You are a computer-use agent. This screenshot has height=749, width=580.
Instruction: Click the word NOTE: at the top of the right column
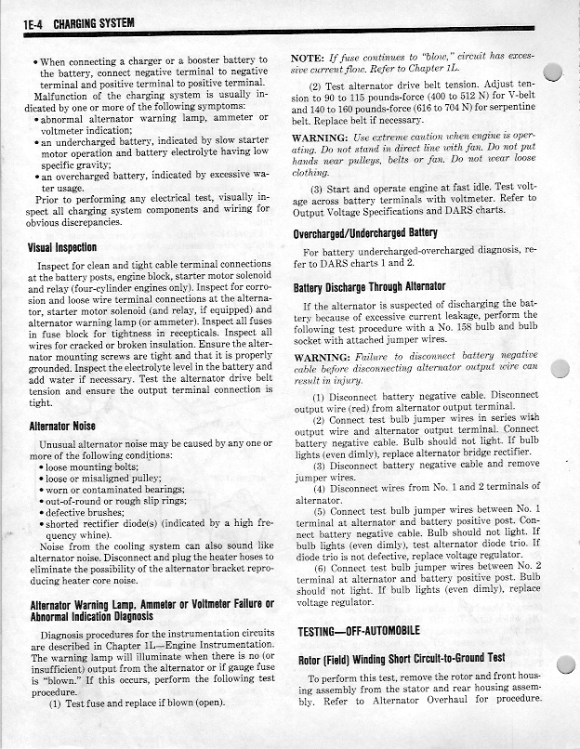click(309, 59)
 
